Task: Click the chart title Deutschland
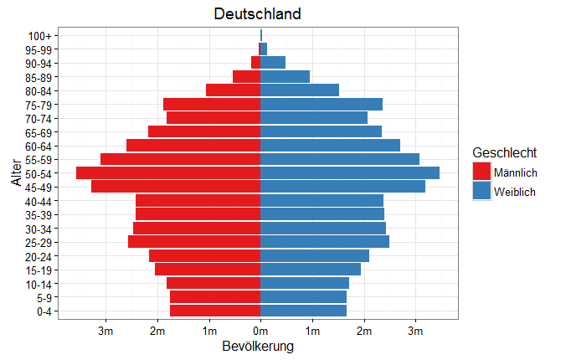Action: [x=257, y=14]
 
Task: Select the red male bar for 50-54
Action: [x=168, y=172]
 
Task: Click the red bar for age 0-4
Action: [x=215, y=311]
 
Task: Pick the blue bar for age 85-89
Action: [x=286, y=76]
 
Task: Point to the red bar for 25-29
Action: [x=194, y=241]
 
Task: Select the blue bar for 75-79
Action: [x=322, y=104]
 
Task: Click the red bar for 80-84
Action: [x=234, y=90]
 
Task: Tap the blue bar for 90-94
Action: [x=273, y=63]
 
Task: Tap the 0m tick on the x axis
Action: [x=260, y=332]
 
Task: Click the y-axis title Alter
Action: [x=16, y=172]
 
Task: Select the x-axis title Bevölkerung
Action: [x=258, y=347]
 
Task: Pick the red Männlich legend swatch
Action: [x=482, y=172]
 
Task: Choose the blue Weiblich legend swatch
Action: [x=482, y=192]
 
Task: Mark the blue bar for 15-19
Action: [x=311, y=269]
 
